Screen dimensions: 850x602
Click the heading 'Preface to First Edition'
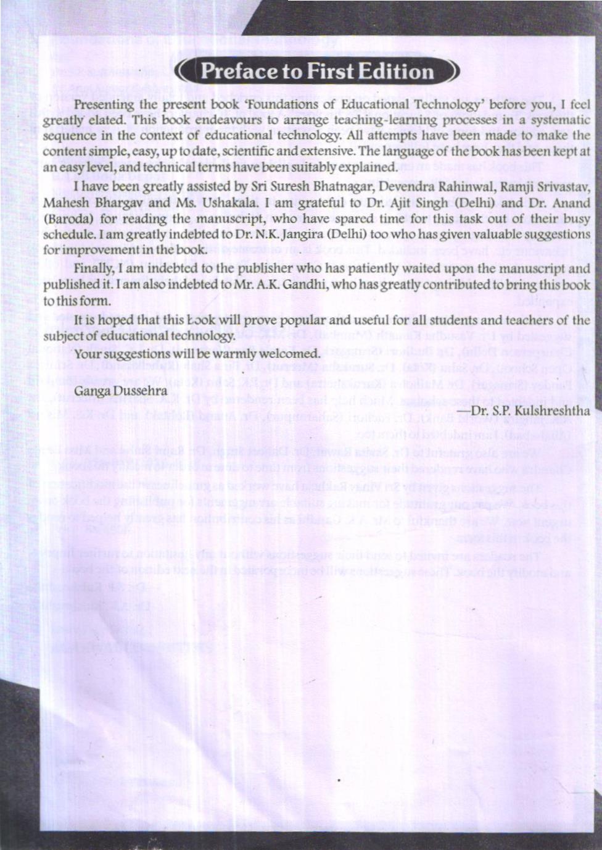[317, 72]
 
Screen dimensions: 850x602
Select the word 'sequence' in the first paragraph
[64, 135]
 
